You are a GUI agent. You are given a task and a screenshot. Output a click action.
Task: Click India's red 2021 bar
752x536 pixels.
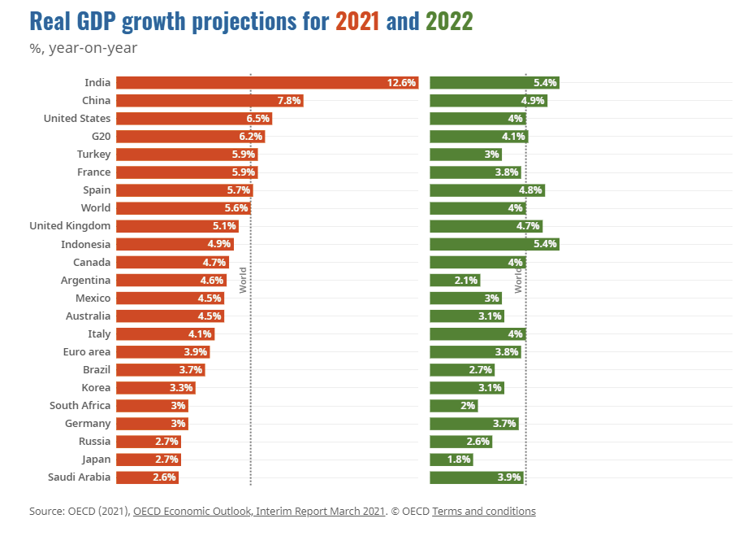(x=266, y=82)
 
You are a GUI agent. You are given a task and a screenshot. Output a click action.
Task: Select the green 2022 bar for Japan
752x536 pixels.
(x=451, y=460)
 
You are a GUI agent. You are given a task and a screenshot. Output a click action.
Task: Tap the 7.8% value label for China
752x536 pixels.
(x=289, y=101)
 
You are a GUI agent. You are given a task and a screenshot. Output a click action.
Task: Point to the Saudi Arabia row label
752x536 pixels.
(x=80, y=477)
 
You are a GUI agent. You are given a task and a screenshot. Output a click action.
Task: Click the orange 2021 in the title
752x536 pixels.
(x=357, y=21)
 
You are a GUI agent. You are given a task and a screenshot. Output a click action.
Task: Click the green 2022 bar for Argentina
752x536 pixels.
(x=455, y=280)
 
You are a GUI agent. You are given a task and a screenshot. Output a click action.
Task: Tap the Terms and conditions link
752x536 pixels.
(x=484, y=512)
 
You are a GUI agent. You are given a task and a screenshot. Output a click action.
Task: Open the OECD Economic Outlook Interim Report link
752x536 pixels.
(x=258, y=512)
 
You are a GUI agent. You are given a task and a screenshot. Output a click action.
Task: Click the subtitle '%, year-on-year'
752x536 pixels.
(x=84, y=48)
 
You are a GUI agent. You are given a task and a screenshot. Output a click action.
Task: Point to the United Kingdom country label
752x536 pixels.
(x=70, y=226)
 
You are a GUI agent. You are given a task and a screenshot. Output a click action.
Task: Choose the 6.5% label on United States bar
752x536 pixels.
(x=258, y=119)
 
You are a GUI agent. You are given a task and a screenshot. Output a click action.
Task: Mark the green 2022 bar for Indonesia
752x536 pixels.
(x=494, y=244)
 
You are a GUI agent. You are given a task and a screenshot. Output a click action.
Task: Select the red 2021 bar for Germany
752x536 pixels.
(x=153, y=424)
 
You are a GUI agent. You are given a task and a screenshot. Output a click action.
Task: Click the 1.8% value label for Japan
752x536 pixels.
(x=459, y=460)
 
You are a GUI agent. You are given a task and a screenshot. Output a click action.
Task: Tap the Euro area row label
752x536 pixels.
(x=87, y=352)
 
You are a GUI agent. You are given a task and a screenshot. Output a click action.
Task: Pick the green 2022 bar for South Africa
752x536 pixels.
(x=453, y=406)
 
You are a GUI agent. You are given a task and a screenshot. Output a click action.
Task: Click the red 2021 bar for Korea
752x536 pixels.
(x=155, y=388)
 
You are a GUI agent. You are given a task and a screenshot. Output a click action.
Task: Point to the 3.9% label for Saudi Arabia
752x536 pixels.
(x=509, y=477)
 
